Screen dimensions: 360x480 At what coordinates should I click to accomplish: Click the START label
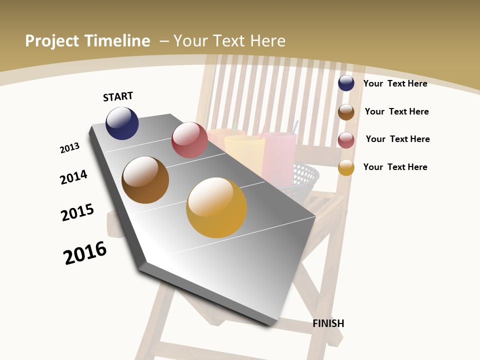click(118, 96)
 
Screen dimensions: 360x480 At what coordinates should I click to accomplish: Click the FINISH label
click(328, 323)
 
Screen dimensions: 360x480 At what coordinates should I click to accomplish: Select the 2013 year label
click(69, 148)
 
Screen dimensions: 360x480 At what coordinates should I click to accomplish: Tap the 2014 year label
click(73, 177)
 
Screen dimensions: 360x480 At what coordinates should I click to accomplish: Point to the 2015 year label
click(77, 212)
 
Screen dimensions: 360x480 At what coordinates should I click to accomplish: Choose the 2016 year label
click(85, 252)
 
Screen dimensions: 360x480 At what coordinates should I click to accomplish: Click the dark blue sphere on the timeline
click(122, 123)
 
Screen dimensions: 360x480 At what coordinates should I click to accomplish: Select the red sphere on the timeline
click(189, 140)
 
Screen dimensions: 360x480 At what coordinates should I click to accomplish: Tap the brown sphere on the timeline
click(145, 180)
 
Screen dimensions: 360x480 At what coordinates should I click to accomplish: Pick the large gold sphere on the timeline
click(216, 207)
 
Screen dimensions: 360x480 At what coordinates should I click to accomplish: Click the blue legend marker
click(346, 83)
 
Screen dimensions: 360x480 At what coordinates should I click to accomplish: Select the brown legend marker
click(346, 112)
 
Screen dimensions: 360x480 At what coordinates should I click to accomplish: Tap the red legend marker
click(346, 140)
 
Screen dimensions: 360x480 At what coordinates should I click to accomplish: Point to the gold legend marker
click(346, 167)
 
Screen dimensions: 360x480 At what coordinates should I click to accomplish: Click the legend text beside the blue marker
click(395, 83)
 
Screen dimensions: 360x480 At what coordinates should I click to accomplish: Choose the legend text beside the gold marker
click(395, 167)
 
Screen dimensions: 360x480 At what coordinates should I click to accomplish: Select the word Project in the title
click(52, 41)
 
